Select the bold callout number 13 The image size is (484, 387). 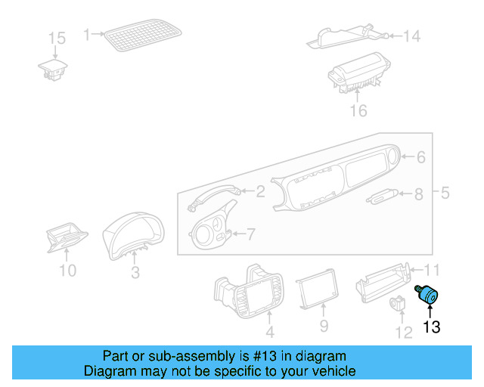click(x=431, y=327)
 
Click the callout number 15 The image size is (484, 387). click(x=57, y=38)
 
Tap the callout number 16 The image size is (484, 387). click(x=358, y=111)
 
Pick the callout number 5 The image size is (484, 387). click(x=445, y=193)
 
